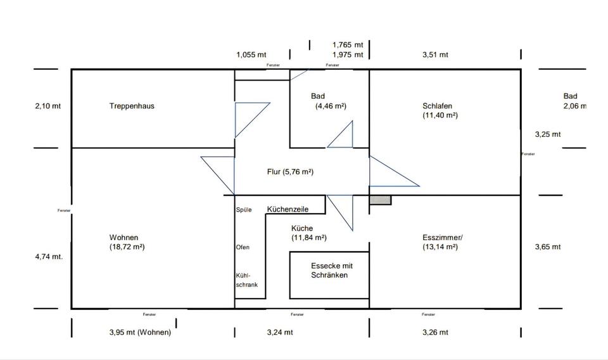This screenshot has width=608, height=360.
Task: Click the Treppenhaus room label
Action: [x=132, y=106]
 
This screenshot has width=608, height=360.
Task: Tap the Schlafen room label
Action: [x=437, y=106]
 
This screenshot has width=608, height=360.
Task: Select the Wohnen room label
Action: [x=123, y=238]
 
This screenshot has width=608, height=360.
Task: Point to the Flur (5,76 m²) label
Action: [x=291, y=172]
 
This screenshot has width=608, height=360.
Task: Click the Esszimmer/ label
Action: [x=443, y=238]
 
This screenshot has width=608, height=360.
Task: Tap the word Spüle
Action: [x=244, y=209]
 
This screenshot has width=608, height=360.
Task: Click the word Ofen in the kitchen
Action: [x=242, y=247]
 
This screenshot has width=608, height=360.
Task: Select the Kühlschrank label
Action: [x=246, y=280]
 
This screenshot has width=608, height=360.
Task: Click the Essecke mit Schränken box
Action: [x=329, y=275]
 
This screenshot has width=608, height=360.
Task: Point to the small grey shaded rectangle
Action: [x=381, y=200]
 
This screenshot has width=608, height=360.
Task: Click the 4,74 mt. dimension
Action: [x=49, y=257]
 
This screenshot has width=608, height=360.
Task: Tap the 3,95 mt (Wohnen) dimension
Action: [x=136, y=332]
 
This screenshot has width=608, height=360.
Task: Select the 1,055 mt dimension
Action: [x=251, y=55]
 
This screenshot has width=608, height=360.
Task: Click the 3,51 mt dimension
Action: [x=435, y=55]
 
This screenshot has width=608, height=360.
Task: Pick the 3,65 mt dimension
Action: [x=548, y=247]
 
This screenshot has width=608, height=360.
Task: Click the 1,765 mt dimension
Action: [x=348, y=45]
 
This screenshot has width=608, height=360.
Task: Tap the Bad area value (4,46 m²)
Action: [x=331, y=106]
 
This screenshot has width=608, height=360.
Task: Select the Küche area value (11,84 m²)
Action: [x=309, y=238]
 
